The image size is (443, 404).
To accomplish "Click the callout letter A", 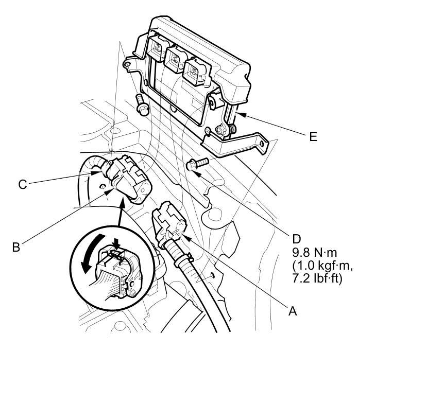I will pyautogui.click(x=292, y=311).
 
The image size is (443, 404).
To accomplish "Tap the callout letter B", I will pyautogui.click(x=16, y=247).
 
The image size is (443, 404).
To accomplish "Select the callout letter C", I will pyautogui.click(x=22, y=184).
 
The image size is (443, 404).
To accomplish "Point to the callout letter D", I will pyautogui.click(x=296, y=239).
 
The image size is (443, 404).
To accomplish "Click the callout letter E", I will pyautogui.click(x=313, y=136).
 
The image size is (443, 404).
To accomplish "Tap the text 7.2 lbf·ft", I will pyautogui.click(x=317, y=278).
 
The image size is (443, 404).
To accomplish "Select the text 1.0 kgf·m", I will pyautogui.click(x=321, y=266).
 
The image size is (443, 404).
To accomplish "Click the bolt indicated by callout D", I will pyautogui.click(x=195, y=164).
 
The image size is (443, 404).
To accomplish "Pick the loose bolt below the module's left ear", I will pyautogui.click(x=141, y=103).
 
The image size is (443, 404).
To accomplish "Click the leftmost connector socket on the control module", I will pyautogui.click(x=156, y=49).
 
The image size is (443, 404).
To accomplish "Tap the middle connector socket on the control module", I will pyautogui.click(x=175, y=58).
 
